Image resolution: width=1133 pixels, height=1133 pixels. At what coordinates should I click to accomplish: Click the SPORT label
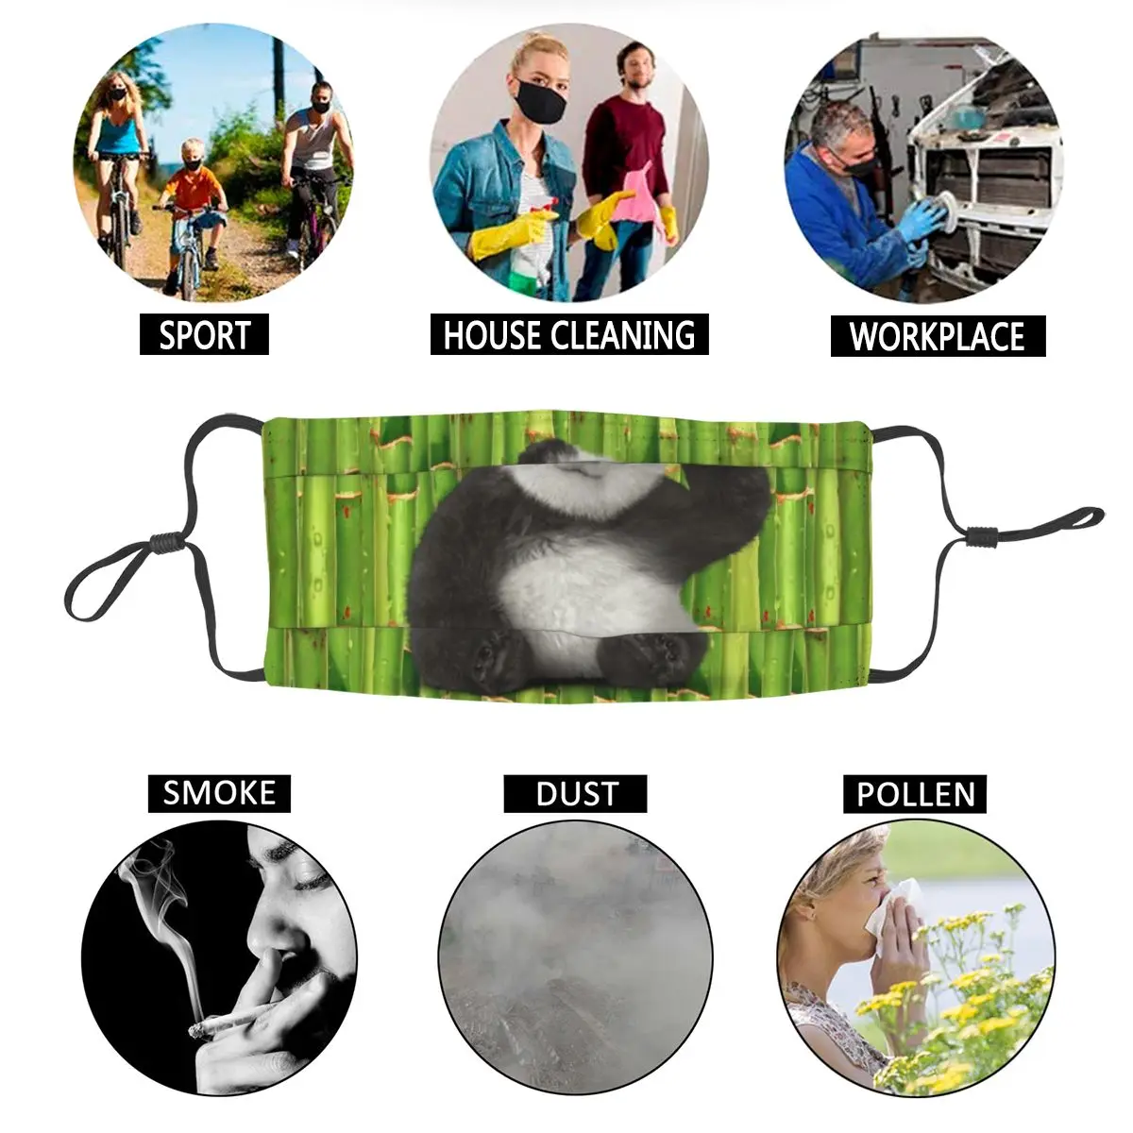[x=204, y=335]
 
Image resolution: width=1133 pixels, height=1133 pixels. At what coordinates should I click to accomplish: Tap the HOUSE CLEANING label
[x=568, y=335]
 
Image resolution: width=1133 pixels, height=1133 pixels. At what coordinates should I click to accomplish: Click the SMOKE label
[x=219, y=792]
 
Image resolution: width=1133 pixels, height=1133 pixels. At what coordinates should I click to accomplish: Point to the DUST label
[x=576, y=793]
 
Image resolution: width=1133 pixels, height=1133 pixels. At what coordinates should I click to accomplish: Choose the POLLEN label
[x=915, y=793]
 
